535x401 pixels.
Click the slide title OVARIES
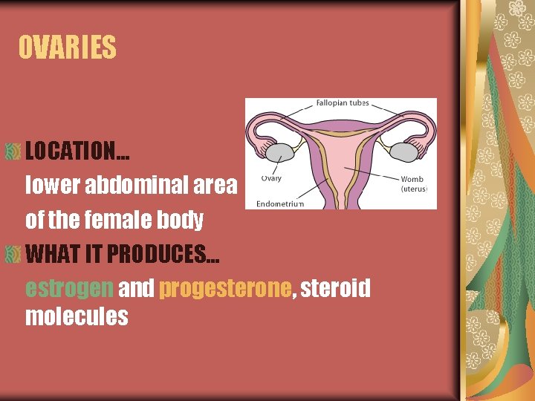(68, 48)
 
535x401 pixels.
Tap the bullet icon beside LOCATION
(13, 151)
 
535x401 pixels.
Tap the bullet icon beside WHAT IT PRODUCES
(13, 255)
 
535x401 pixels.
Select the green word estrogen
(69, 289)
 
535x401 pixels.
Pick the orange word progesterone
(224, 289)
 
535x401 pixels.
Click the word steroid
(335, 289)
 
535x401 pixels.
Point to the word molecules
(77, 316)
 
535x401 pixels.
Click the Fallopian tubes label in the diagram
(342, 104)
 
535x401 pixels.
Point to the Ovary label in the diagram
(270, 178)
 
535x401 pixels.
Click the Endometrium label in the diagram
(280, 203)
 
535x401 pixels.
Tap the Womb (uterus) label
(412, 183)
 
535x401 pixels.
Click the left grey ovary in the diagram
(279, 152)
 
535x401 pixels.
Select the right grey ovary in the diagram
(403, 152)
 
